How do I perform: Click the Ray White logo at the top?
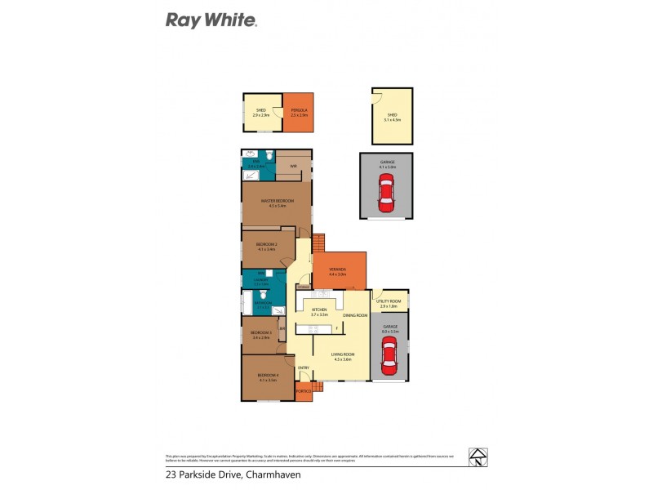(211, 20)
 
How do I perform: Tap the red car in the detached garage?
(386, 196)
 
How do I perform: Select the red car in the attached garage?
(389, 357)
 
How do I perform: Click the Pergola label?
(298, 110)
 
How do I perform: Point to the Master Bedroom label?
(277, 201)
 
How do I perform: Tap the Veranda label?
(337, 269)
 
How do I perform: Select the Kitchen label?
(318, 310)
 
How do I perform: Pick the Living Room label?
(340, 354)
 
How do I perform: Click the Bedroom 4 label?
(269, 376)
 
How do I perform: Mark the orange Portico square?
(304, 394)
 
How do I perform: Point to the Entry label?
(303, 367)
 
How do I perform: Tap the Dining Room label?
(353, 314)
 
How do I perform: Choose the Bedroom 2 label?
(266, 245)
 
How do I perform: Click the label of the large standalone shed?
(391, 116)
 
